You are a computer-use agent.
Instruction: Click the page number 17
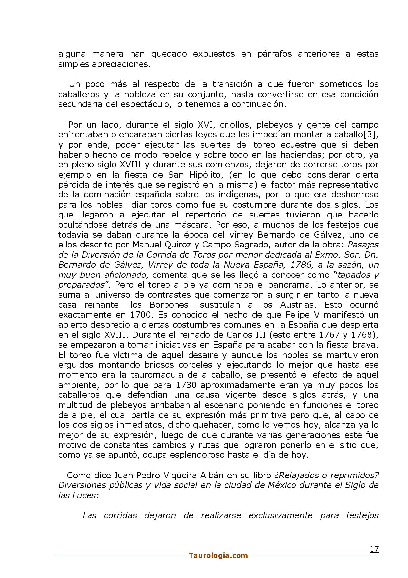(x=374, y=549)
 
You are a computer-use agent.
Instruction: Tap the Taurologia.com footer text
(x=218, y=556)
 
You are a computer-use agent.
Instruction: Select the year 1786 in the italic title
(x=307, y=265)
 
